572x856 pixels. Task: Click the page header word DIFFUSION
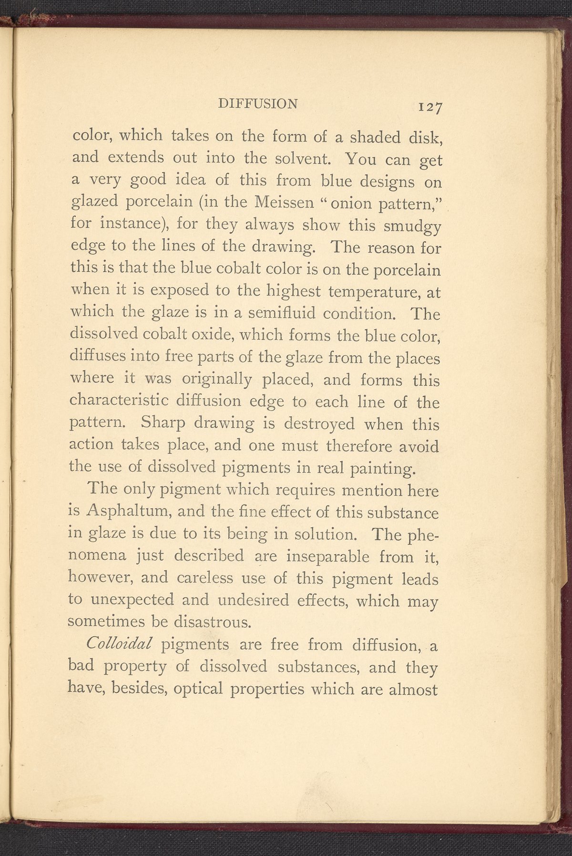(257, 103)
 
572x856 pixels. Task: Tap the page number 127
(430, 107)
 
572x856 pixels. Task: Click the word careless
(206, 578)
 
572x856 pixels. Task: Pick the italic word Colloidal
(119, 644)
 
